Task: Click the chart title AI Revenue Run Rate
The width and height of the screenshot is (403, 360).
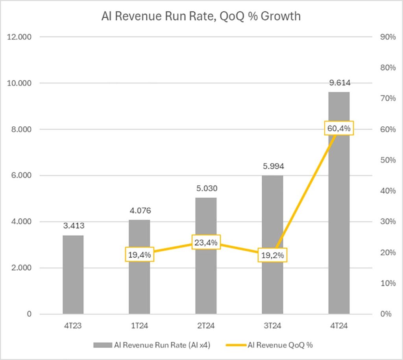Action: coord(201,17)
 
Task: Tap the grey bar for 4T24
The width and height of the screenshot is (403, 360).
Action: coord(339,220)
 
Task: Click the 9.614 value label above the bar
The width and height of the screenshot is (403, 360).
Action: coord(339,83)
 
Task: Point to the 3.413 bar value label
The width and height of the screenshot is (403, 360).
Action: coord(73,226)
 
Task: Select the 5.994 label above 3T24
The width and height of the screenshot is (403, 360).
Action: coord(273,166)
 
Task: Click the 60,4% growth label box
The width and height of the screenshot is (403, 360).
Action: coord(339,128)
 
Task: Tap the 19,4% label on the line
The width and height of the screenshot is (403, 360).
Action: coord(140,254)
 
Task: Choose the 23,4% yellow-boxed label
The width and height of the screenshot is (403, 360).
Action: coord(206,242)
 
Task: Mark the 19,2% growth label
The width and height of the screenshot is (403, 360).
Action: coord(273,255)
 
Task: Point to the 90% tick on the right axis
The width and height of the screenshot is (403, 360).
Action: coord(387,37)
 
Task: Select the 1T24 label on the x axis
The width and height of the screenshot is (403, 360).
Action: coord(140,326)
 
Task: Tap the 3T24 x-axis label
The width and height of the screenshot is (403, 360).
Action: coord(273,326)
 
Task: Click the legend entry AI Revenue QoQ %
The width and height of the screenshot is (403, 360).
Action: coord(280,345)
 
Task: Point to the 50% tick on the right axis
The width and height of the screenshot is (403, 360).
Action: coord(387,160)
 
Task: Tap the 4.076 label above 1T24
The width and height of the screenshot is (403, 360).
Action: coord(140,211)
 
